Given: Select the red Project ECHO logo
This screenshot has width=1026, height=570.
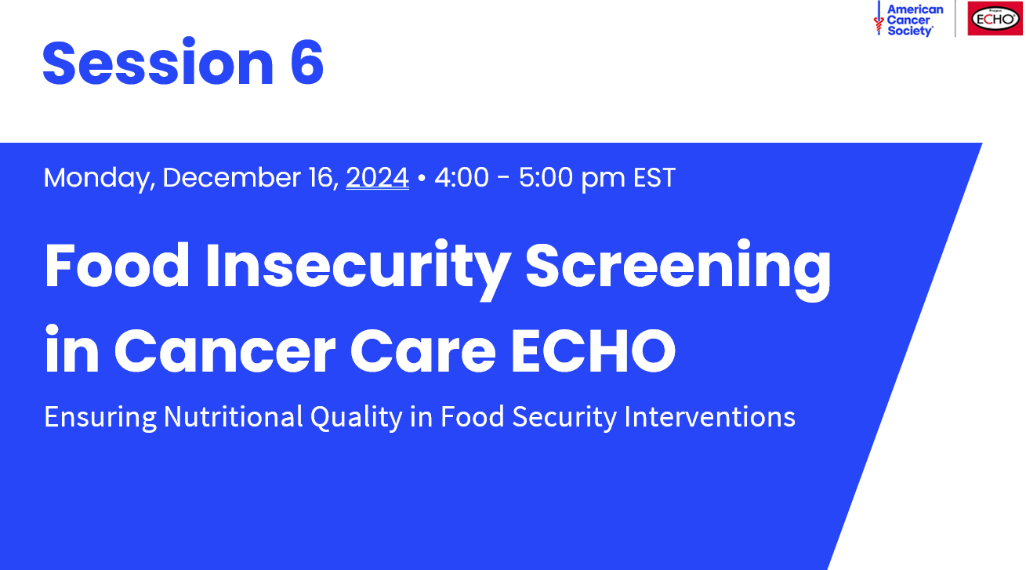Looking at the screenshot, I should tap(994, 19).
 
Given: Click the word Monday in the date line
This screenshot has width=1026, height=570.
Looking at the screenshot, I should tap(97, 178).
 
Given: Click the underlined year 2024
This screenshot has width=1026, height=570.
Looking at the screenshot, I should tap(377, 178).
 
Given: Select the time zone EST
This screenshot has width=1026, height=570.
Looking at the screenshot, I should tap(654, 178).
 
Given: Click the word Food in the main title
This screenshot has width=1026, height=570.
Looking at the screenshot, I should tap(118, 267).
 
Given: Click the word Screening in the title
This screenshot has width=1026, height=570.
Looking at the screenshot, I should tap(678, 267).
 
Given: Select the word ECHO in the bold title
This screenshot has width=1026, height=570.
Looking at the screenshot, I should tap(593, 350).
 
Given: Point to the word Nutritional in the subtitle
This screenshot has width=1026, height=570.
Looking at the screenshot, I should tap(233, 417).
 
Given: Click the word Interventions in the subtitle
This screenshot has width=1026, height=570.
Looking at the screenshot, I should tap(709, 417).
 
